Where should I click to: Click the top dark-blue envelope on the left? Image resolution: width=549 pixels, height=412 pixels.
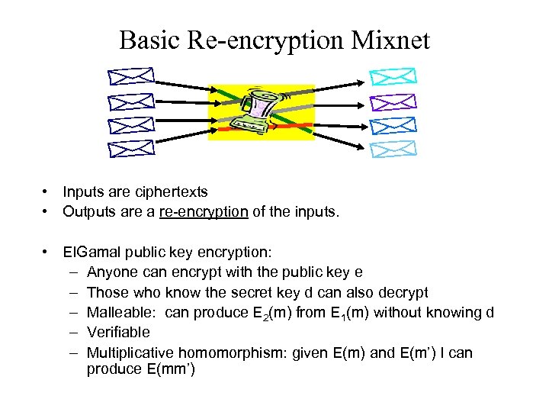(x=131, y=77)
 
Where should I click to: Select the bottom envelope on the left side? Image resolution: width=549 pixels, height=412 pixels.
(x=131, y=147)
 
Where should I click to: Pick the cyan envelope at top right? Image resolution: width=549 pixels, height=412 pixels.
(x=393, y=76)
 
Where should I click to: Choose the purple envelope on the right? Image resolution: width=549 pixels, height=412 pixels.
(x=393, y=102)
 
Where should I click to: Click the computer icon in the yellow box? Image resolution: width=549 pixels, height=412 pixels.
(x=262, y=113)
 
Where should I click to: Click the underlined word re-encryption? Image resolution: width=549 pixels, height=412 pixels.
(x=204, y=211)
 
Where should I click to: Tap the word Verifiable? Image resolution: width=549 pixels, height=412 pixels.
(x=118, y=332)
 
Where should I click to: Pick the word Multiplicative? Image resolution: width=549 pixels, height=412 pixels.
(x=130, y=352)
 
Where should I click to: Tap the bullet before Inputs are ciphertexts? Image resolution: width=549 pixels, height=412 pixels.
(x=47, y=192)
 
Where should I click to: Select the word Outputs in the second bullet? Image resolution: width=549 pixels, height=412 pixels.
(x=89, y=211)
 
